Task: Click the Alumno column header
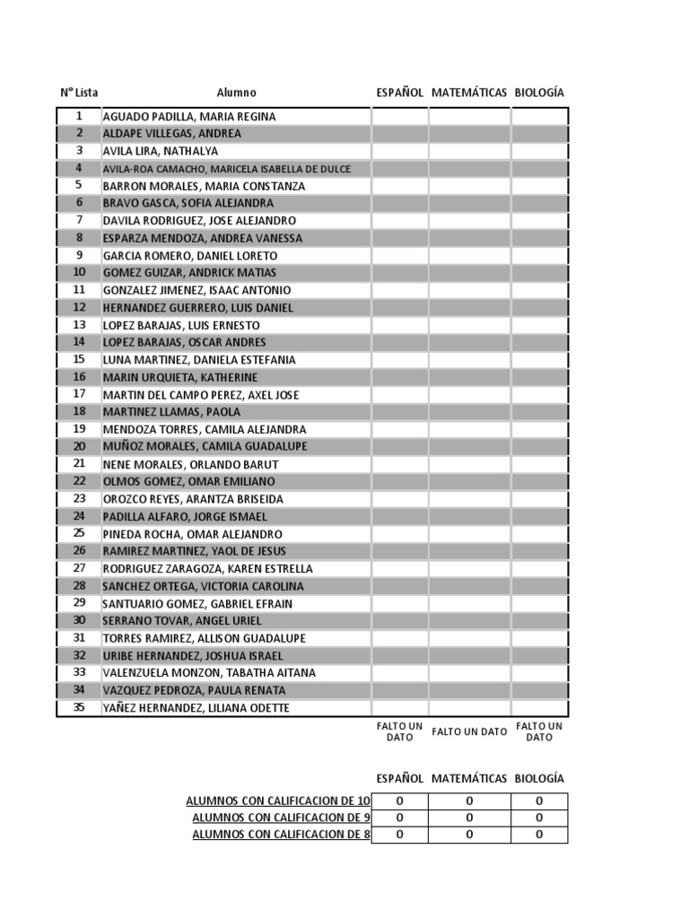click(x=236, y=92)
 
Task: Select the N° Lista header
click(x=79, y=92)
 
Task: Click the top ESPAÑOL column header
click(x=399, y=92)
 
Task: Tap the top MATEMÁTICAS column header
click(x=469, y=92)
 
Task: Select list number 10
click(x=79, y=272)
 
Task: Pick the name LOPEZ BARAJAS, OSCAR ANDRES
click(x=184, y=342)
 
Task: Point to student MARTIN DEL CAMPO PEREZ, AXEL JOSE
click(x=201, y=395)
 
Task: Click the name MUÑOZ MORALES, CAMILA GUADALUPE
click(x=205, y=446)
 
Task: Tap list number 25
click(x=79, y=533)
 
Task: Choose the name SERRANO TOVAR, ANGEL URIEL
click(x=182, y=620)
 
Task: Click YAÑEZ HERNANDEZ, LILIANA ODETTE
click(x=196, y=708)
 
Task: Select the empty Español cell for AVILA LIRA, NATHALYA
click(x=399, y=151)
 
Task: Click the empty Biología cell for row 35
click(x=539, y=708)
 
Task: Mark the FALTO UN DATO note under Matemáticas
click(x=469, y=731)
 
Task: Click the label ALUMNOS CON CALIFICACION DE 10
click(x=277, y=801)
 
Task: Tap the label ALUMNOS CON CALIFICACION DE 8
click(x=281, y=835)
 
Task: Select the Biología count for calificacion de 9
click(x=539, y=818)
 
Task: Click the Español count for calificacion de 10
click(x=399, y=801)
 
